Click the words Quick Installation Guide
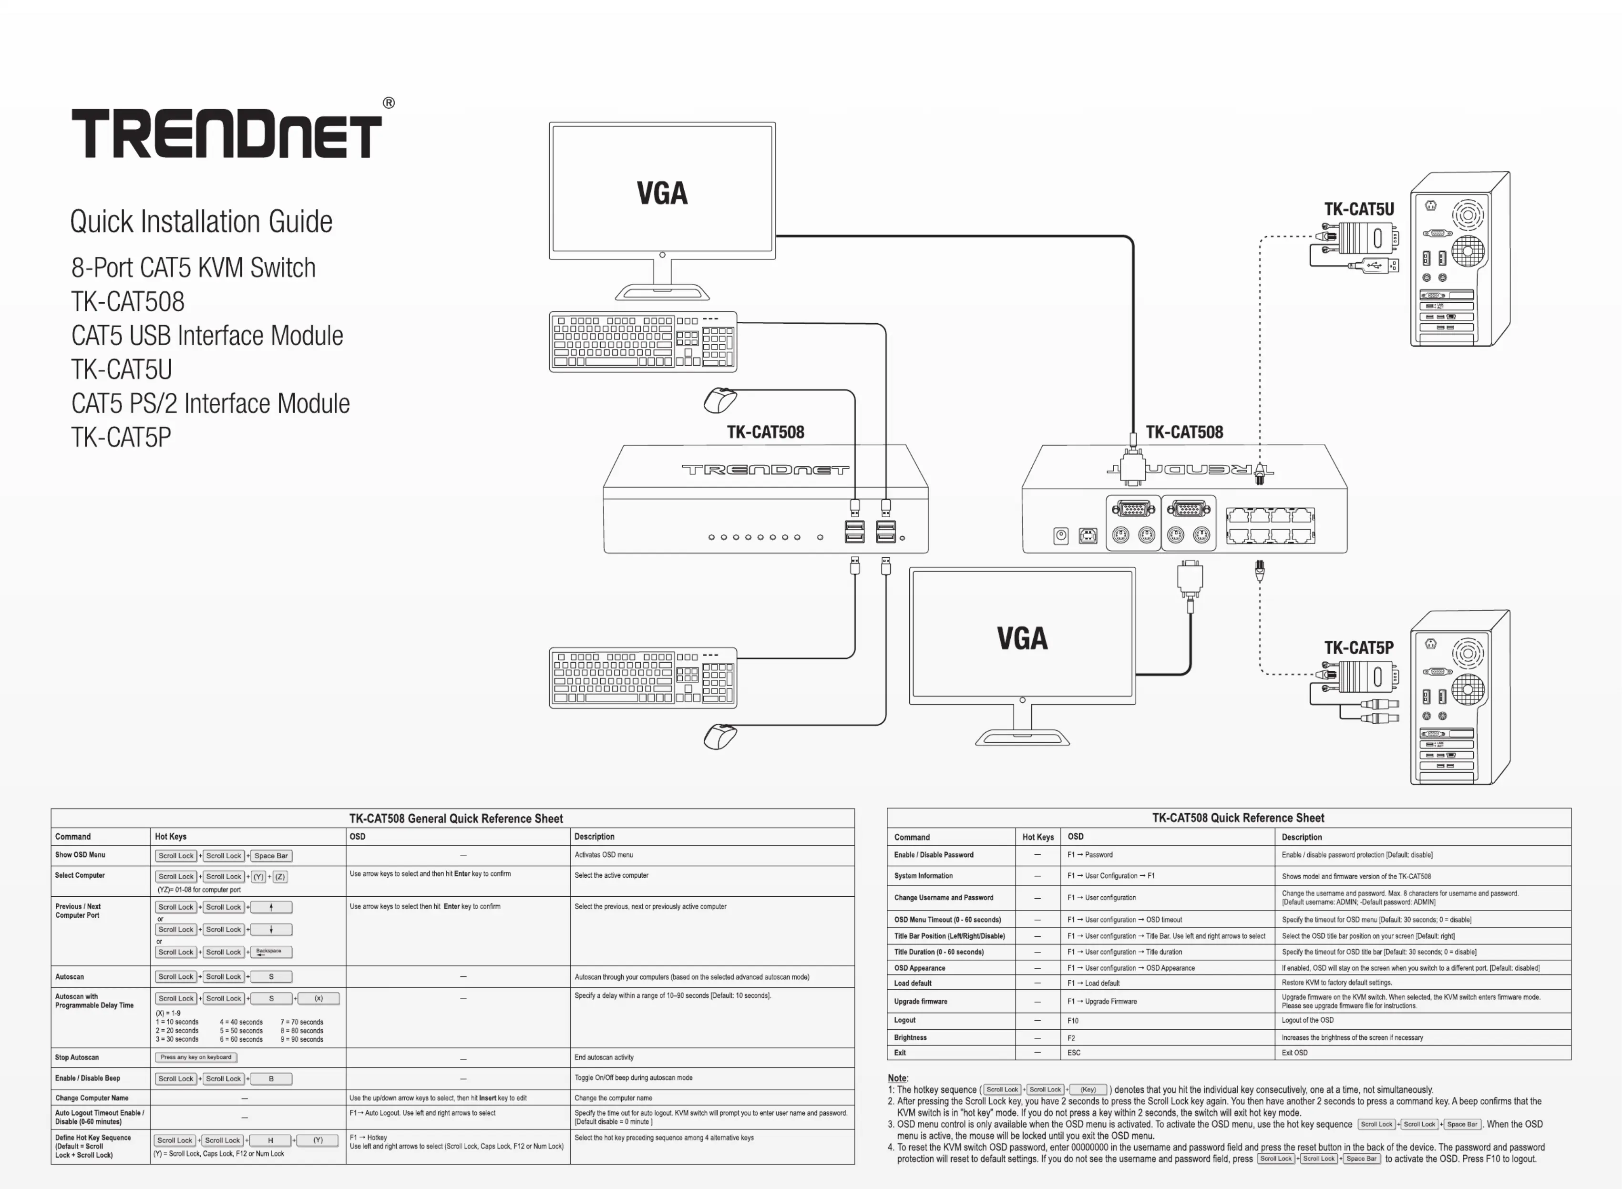[202, 222]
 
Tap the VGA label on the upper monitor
[662, 193]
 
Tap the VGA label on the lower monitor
[1022, 638]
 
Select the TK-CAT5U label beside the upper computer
[1359, 209]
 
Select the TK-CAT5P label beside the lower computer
[1359, 648]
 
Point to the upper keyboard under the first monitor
[643, 342]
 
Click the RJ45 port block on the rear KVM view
[1270, 525]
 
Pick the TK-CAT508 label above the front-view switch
[766, 432]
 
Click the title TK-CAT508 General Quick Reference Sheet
[456, 819]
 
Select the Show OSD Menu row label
[80, 855]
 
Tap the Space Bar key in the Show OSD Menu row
[271, 856]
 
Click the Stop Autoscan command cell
[77, 1057]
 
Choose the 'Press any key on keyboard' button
[196, 1057]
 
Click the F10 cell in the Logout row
[1073, 1021]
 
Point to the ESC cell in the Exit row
[1074, 1053]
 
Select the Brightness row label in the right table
[910, 1038]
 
